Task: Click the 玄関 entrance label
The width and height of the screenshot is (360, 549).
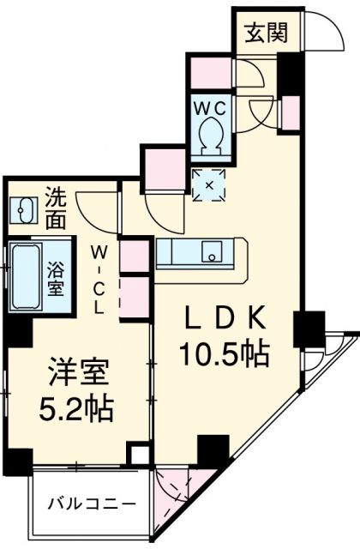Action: (x=266, y=33)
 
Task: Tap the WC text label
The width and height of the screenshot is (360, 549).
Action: (x=211, y=109)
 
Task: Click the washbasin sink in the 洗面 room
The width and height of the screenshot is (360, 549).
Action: (x=23, y=210)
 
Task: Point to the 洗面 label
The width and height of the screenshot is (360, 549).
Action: (x=56, y=208)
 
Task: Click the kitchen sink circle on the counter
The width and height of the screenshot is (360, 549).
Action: (x=212, y=257)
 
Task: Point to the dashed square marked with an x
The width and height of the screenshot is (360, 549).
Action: (x=209, y=185)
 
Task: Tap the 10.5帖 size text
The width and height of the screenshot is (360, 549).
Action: (x=225, y=354)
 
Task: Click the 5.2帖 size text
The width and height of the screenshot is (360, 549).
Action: (x=76, y=408)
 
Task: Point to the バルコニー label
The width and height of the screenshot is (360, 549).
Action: (x=92, y=504)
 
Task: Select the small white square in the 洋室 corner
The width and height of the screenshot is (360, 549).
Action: (x=140, y=455)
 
